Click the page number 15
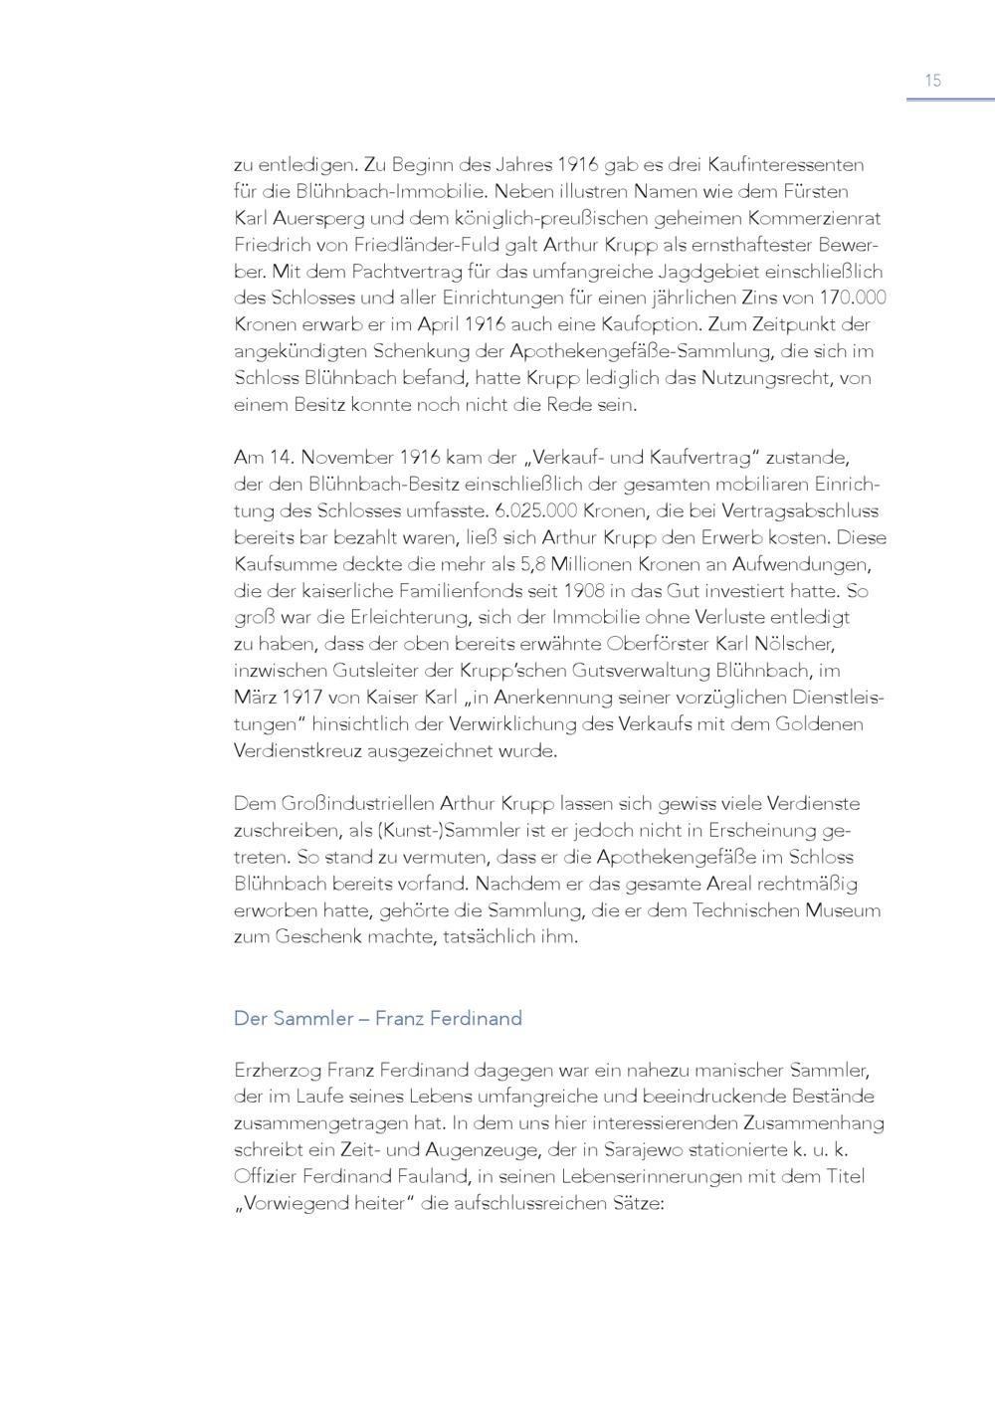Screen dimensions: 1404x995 point(932,81)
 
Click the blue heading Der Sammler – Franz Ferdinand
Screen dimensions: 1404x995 point(378,1019)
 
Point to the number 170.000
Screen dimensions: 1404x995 point(853,298)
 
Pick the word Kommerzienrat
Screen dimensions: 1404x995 point(817,218)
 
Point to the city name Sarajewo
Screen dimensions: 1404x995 point(758,1149)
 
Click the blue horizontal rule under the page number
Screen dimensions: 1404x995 point(950,100)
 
